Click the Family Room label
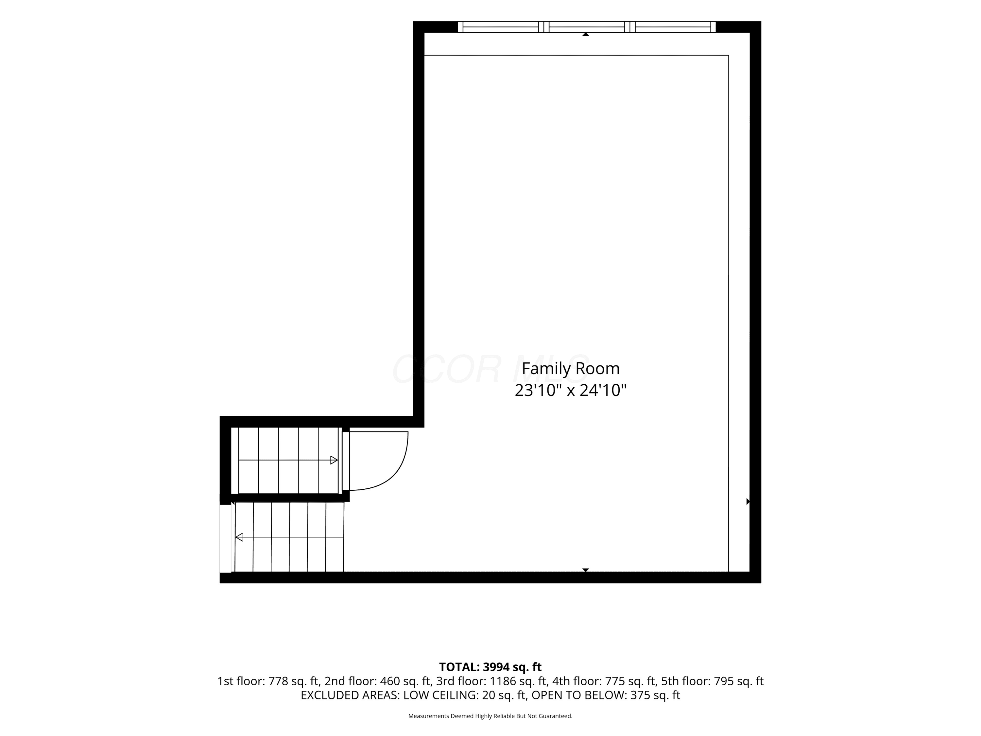pyautogui.click(x=570, y=369)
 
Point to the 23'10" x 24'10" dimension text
pyautogui.click(x=570, y=390)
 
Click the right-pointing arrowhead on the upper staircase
pyautogui.click(x=334, y=460)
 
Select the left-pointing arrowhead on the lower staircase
pyautogui.click(x=239, y=537)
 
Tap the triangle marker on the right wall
pyautogui.click(x=748, y=502)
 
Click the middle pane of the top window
pyautogui.click(x=587, y=27)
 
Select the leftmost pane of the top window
pyautogui.click(x=501, y=27)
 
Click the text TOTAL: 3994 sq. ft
pyautogui.click(x=490, y=667)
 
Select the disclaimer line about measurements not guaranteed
pyautogui.click(x=490, y=716)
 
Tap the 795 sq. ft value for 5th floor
pyautogui.click(x=738, y=681)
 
